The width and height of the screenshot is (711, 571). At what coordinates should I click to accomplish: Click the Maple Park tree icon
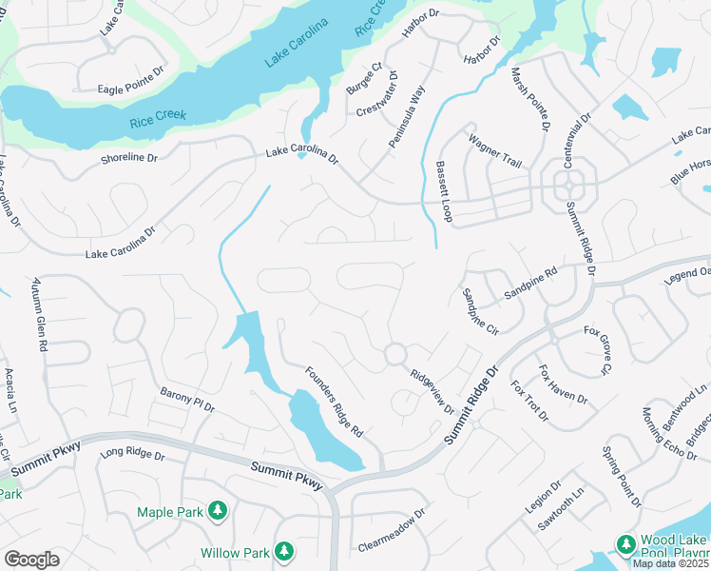(x=218, y=511)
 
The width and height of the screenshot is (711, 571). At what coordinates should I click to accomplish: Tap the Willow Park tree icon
(x=283, y=551)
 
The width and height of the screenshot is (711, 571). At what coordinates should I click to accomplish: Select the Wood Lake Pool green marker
(x=625, y=543)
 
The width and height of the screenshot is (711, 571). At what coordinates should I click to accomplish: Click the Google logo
(x=32, y=560)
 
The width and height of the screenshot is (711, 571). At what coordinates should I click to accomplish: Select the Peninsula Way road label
(x=407, y=116)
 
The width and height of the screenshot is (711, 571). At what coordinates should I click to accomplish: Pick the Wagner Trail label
(x=494, y=150)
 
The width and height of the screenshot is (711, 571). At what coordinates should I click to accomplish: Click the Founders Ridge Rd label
(x=335, y=401)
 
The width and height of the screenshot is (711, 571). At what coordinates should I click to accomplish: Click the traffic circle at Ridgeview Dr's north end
(x=394, y=355)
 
